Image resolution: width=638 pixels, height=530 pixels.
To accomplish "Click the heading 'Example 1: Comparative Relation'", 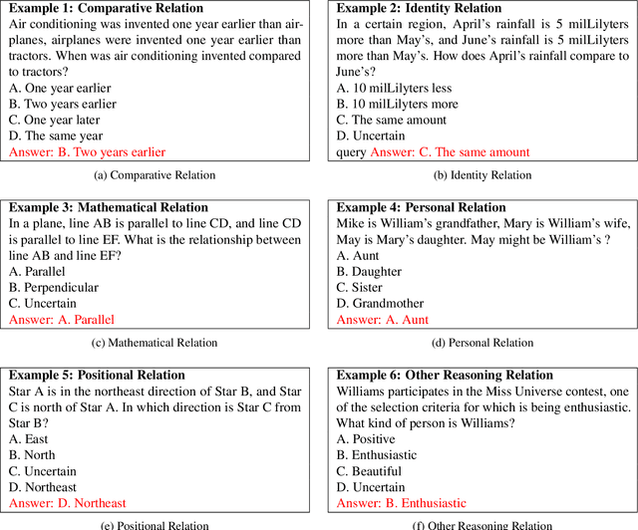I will pyautogui.click(x=105, y=8).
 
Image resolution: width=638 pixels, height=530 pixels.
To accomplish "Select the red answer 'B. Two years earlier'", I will pyautogui.click(x=87, y=151).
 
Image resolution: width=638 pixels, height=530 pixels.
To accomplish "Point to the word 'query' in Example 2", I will pyautogui.click(x=351, y=151).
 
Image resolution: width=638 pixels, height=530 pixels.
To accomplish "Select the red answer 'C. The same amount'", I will pyautogui.click(x=450, y=151).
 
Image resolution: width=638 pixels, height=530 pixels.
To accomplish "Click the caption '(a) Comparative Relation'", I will pyautogui.click(x=155, y=176).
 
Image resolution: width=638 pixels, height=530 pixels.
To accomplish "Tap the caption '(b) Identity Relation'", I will pyautogui.click(x=482, y=176).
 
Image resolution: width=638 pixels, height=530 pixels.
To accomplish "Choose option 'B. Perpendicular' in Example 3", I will pyautogui.click(x=58, y=288).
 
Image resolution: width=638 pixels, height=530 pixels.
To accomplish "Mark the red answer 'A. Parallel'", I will pyautogui.click(x=62, y=320).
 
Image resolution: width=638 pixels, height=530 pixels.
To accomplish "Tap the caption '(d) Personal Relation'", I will pyautogui.click(x=482, y=343).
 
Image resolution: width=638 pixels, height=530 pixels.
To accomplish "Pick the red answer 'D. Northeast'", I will pyautogui.click(x=68, y=503).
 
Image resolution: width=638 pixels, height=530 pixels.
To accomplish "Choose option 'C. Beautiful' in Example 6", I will pyautogui.click(x=369, y=471).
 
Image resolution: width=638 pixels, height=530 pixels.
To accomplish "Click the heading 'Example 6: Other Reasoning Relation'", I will pyautogui.click(x=445, y=376).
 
